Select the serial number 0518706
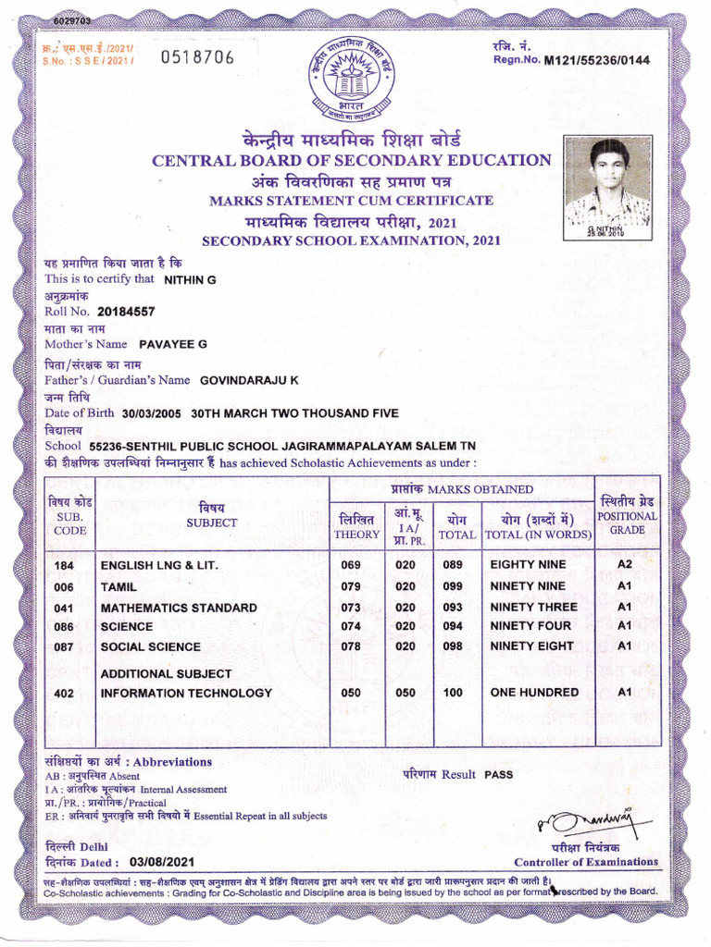197,59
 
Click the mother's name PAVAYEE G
172,344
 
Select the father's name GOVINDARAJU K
249,380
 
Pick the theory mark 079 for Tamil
351,586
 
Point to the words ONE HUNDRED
534,692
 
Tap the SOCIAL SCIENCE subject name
150,646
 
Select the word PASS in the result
498,774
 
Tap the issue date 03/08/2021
162,862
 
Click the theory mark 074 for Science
351,627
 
